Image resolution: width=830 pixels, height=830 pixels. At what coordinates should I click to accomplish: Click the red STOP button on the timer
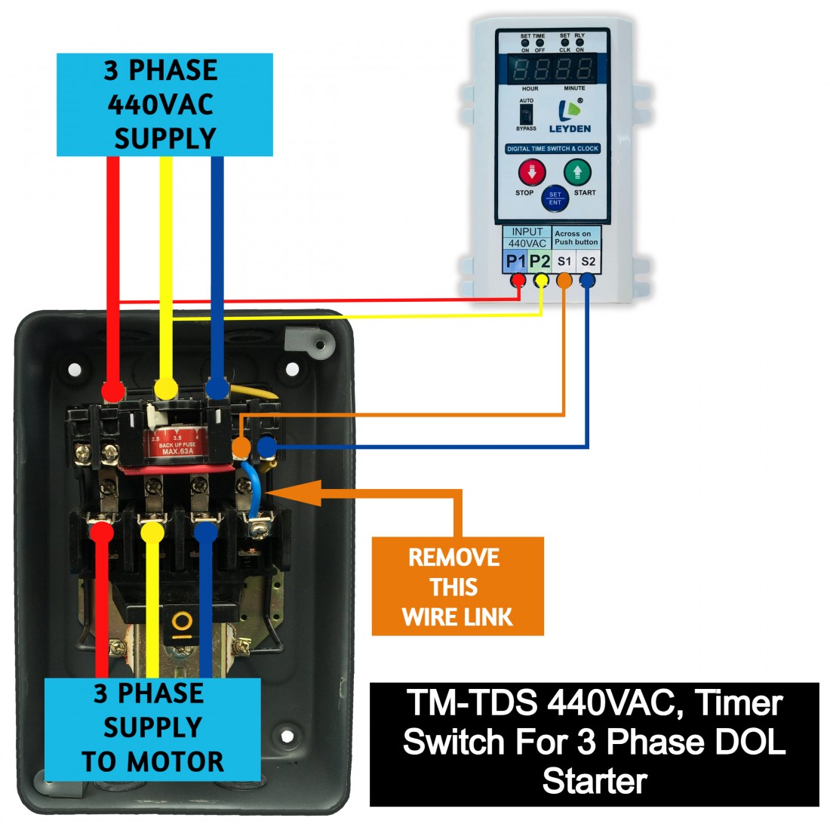tap(531, 173)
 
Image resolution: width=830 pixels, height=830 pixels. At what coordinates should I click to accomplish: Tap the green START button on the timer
tap(577, 173)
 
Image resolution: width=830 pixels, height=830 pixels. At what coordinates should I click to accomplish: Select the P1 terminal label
tap(516, 261)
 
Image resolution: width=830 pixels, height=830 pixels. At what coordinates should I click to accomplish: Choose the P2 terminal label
tap(540, 261)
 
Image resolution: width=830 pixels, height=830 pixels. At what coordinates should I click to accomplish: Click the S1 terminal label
tap(564, 261)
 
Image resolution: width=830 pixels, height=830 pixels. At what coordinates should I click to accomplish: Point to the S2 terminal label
tap(589, 261)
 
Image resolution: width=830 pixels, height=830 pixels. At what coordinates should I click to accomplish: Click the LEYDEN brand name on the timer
tap(570, 129)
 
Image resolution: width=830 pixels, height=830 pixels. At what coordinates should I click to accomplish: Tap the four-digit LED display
tap(553, 70)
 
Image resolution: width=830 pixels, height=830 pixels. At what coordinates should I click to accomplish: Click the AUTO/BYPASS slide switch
tap(527, 114)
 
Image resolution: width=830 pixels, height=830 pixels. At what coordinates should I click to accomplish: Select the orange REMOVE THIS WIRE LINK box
tap(457, 586)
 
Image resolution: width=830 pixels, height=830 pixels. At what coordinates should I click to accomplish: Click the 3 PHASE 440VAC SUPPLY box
tap(164, 105)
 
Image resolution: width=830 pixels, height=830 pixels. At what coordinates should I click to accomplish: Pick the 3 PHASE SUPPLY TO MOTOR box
tap(152, 729)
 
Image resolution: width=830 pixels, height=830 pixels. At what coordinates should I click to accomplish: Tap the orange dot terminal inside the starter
tap(241, 448)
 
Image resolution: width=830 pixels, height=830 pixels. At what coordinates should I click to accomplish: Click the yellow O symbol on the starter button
tap(182, 622)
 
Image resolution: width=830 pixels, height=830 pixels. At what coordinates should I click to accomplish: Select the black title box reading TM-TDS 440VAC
tap(594, 744)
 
